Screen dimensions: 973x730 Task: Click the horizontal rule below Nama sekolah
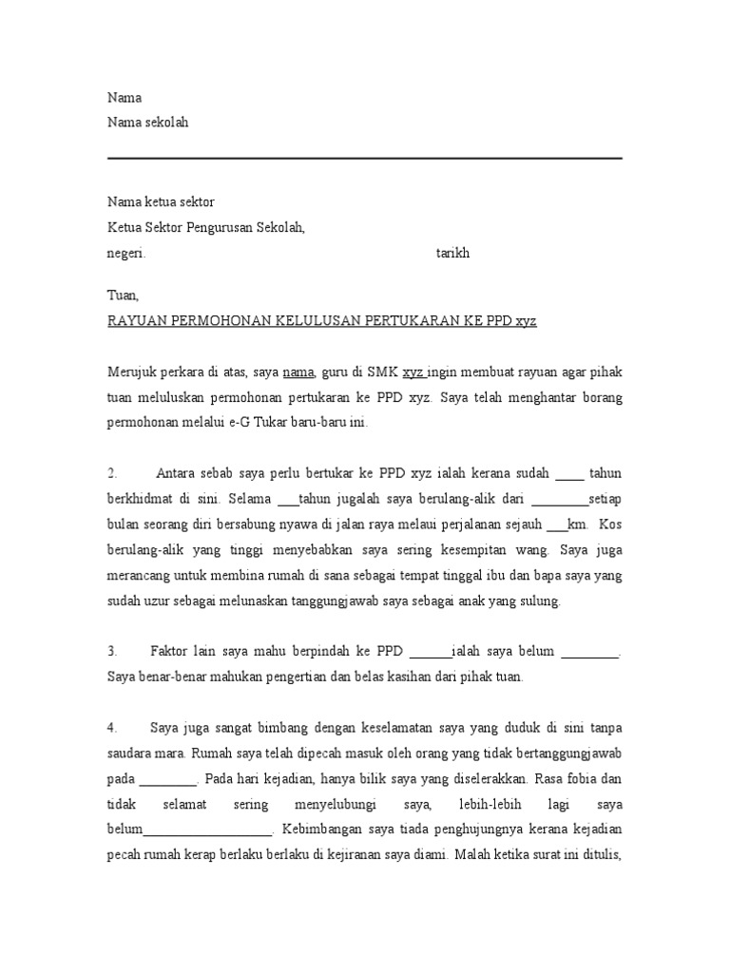pyautogui.click(x=365, y=159)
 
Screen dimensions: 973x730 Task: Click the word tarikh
pyautogui.click(x=452, y=254)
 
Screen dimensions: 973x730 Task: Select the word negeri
pyautogui.click(x=125, y=254)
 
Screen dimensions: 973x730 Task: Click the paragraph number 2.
pyautogui.click(x=111, y=472)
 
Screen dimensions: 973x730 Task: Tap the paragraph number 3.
pyautogui.click(x=111, y=651)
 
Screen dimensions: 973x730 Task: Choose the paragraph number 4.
pyautogui.click(x=111, y=727)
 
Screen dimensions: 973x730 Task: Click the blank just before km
pyautogui.click(x=556, y=524)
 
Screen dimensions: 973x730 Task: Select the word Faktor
pyautogui.click(x=171, y=651)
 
